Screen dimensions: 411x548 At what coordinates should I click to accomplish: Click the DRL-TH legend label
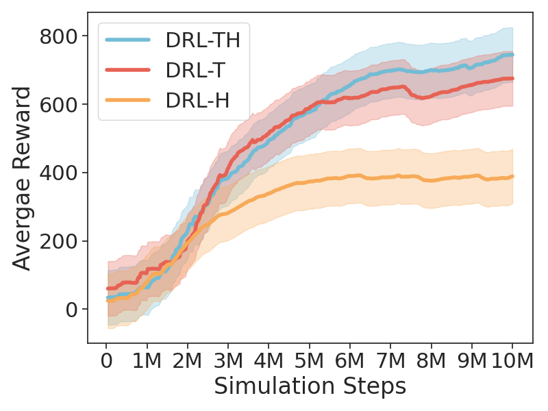(202, 40)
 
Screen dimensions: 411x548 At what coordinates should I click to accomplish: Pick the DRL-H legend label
(197, 101)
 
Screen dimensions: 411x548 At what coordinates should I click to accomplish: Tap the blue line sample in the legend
(128, 40)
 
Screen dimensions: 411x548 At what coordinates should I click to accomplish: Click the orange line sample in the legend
(128, 101)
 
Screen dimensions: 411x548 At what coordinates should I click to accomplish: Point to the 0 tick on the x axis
(106, 360)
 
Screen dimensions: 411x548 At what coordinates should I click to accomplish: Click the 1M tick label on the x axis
(147, 360)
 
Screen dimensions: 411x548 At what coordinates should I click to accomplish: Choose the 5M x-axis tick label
(309, 360)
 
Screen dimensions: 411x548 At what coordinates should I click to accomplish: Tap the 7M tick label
(390, 360)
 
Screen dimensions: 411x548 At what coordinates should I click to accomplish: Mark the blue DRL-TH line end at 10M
(512, 55)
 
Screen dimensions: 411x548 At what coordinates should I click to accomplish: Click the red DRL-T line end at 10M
(512, 79)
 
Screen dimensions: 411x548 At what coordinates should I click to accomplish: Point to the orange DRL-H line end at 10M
(512, 177)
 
